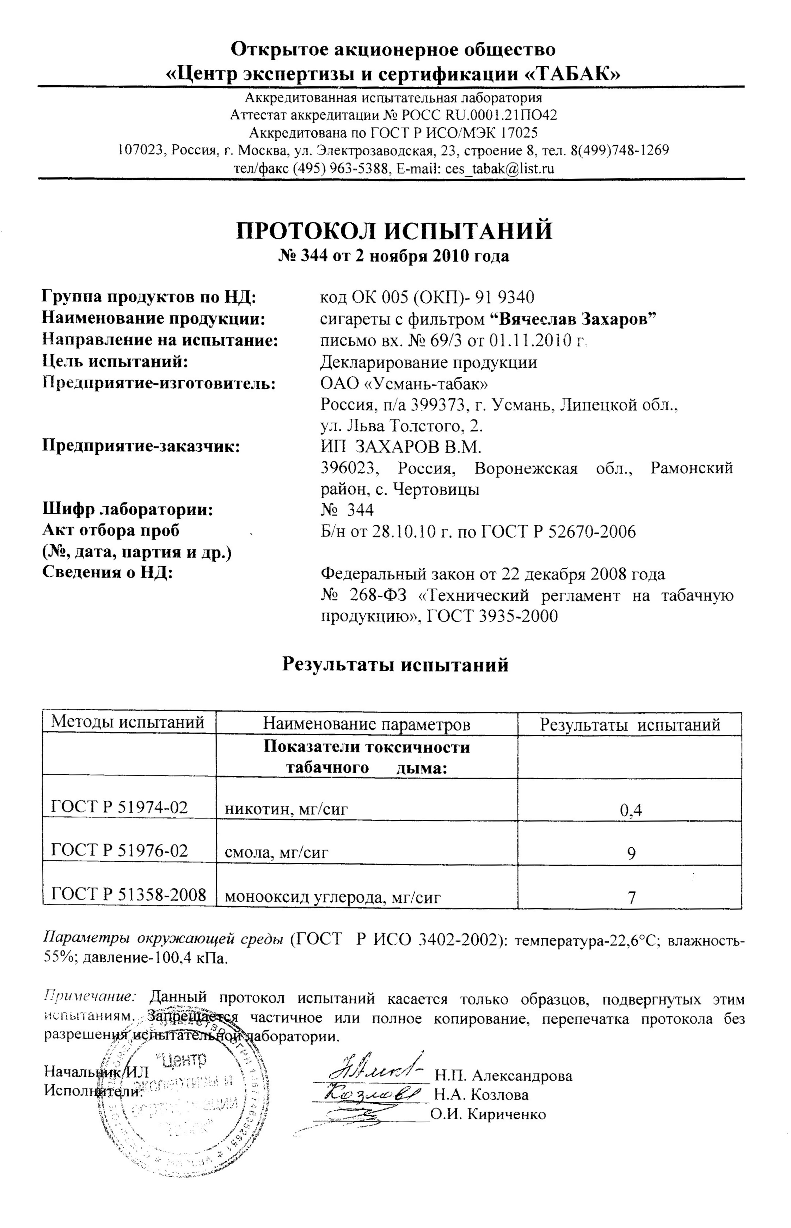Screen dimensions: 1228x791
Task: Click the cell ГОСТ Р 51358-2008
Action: coord(128,895)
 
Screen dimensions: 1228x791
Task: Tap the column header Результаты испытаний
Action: coord(630,724)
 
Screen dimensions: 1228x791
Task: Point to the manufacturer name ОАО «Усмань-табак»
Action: coord(404,383)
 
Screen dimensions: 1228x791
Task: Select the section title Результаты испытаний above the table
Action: coord(395,665)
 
